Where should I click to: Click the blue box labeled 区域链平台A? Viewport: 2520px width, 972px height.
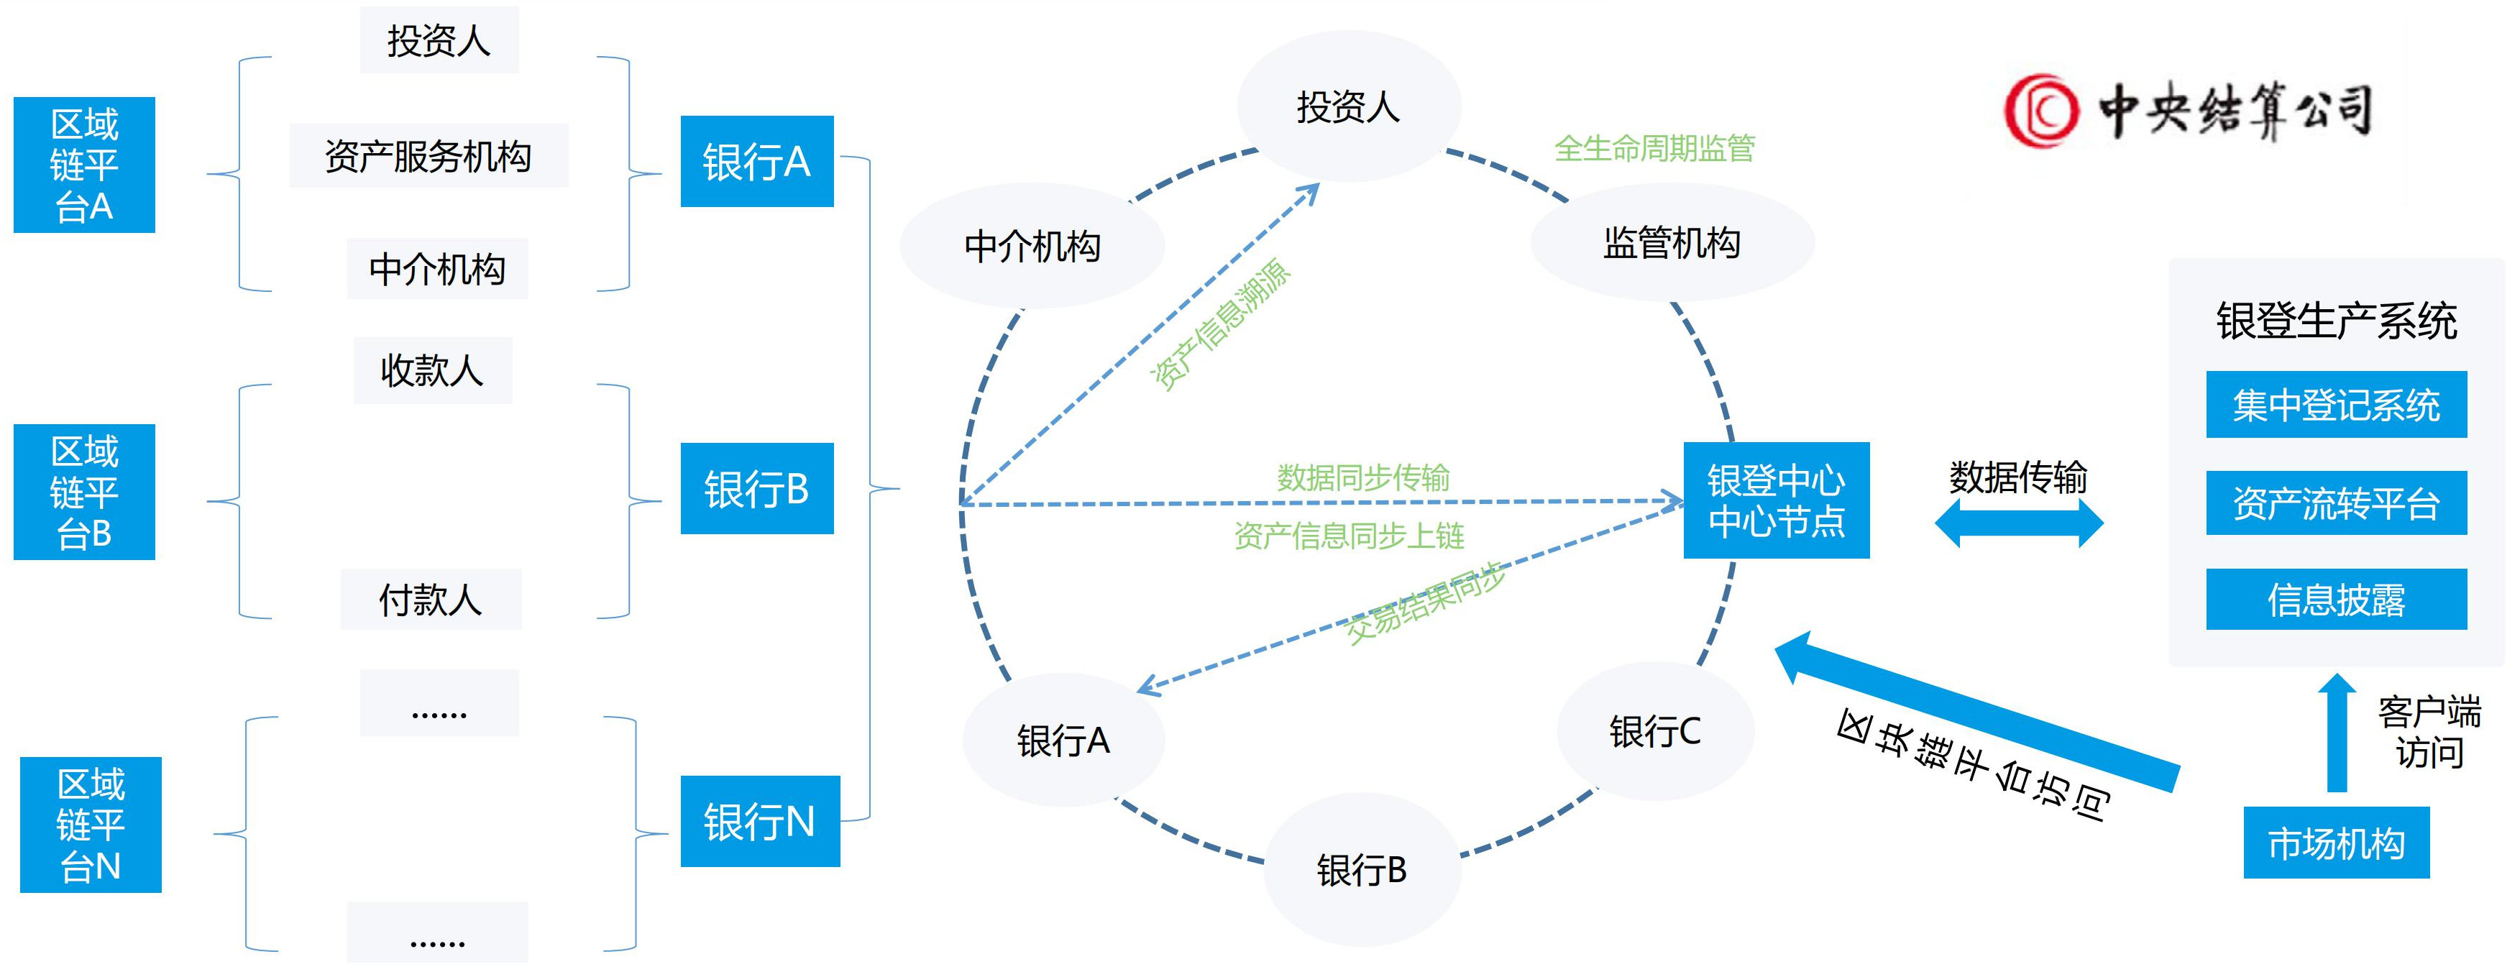click(84, 165)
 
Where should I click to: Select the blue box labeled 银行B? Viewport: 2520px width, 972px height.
click(756, 488)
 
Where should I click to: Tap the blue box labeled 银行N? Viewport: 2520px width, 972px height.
click(759, 820)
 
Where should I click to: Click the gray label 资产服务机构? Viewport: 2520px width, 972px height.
click(429, 155)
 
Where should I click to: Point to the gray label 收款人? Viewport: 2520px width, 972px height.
click(432, 371)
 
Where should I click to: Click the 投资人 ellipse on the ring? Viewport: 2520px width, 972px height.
click(1348, 106)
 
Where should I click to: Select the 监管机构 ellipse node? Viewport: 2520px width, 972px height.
click(1671, 242)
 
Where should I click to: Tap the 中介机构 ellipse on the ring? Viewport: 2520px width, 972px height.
click(1032, 245)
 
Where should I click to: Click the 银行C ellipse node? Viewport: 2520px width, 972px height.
click(1654, 730)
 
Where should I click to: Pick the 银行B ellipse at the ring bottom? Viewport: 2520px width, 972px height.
click(1361, 869)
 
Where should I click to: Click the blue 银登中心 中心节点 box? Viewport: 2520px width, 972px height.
click(1776, 500)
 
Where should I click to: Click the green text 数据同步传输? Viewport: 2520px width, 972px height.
click(1362, 477)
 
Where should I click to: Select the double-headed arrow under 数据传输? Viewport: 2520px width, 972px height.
click(2018, 523)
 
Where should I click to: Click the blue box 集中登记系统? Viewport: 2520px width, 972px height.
click(2335, 405)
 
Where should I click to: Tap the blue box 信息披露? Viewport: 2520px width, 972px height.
click(2335, 598)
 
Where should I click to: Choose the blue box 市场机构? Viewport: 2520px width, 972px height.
click(2335, 842)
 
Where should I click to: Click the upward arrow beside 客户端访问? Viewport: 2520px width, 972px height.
click(2336, 733)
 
